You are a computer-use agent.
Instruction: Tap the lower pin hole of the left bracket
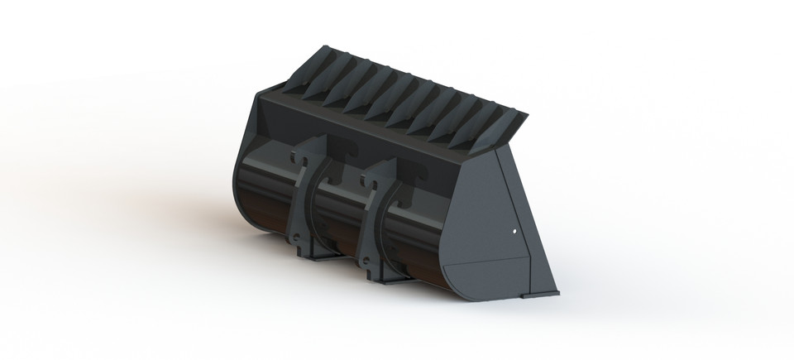294,241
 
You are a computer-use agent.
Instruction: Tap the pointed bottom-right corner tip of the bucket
557,291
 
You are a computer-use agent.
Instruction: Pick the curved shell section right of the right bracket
418,236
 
